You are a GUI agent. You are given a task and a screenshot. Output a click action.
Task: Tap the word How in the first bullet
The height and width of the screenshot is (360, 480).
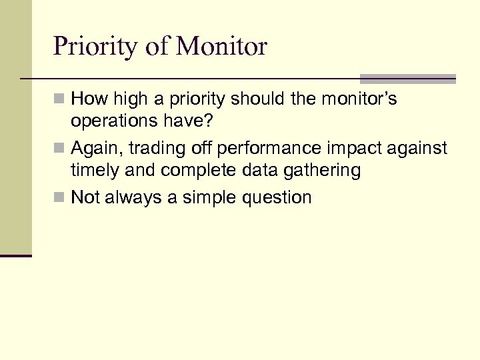(90, 99)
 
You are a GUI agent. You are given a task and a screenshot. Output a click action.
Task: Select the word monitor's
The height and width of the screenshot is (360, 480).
(359, 99)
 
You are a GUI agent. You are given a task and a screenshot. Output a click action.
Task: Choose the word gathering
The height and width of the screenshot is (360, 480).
(319, 171)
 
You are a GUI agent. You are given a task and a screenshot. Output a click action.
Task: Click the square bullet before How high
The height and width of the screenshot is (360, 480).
(60, 100)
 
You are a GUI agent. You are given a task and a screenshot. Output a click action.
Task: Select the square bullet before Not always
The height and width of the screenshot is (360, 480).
(60, 197)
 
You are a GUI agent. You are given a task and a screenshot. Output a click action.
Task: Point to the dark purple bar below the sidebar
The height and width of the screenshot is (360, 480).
(15, 255)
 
